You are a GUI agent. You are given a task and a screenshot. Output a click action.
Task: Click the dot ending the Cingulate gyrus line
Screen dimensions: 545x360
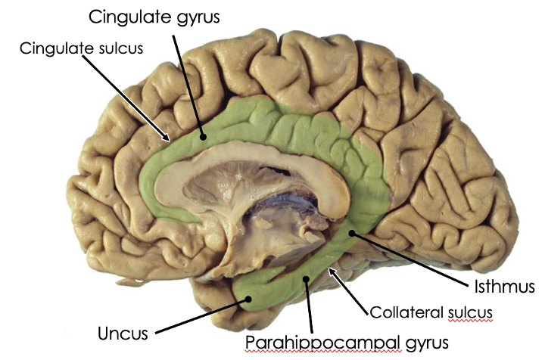[203, 138]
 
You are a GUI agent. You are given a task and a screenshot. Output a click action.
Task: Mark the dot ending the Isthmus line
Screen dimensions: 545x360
[351, 234]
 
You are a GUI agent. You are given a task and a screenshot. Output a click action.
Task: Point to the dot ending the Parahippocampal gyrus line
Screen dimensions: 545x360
[305, 280]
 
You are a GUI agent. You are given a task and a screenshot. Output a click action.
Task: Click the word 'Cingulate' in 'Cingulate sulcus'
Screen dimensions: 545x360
[52, 48]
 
